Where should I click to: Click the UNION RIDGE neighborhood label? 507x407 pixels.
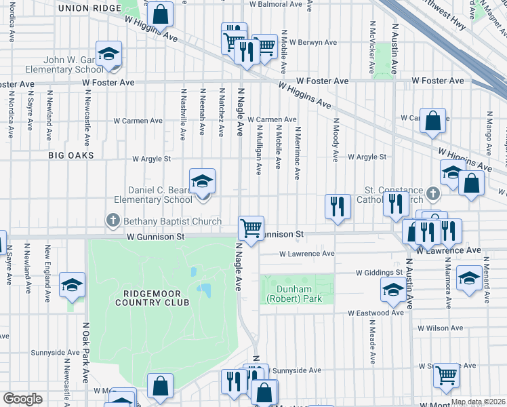pos(89,8)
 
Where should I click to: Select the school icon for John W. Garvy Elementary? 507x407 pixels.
pos(108,54)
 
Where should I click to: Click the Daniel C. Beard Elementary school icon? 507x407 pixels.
pos(202,182)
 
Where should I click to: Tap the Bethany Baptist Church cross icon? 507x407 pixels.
pos(113,220)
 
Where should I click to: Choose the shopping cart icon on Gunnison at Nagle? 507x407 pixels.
pos(251,228)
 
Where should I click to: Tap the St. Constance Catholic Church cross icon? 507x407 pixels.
pos(432,195)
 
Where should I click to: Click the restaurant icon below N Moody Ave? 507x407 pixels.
pos(338,206)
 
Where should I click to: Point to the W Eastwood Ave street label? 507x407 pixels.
pos(376,313)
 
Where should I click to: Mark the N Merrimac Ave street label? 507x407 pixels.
pos(297,151)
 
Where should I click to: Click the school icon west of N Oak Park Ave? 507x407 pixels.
pos(72,286)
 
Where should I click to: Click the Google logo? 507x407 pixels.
pos(22,399)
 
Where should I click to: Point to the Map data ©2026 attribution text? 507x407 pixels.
pos(478,402)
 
